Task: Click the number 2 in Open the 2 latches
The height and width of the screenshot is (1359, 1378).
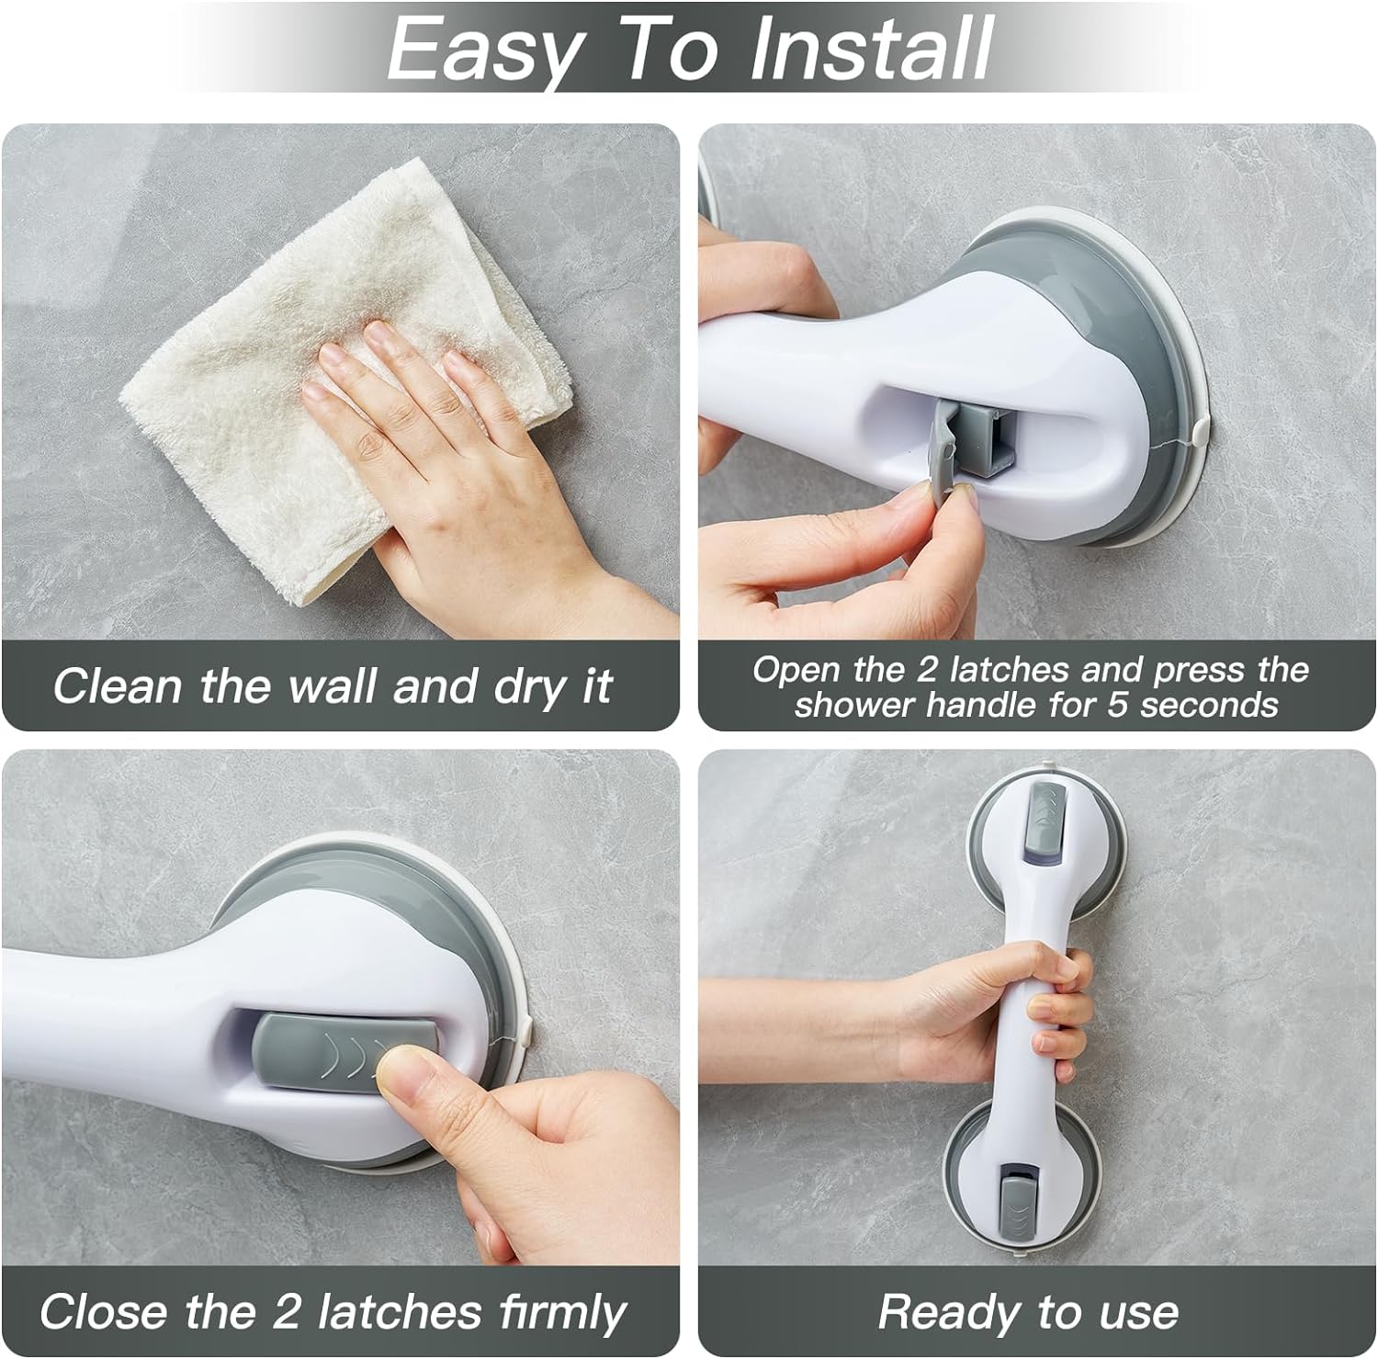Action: coord(926,670)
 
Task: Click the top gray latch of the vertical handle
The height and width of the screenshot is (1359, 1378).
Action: coord(1043,816)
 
